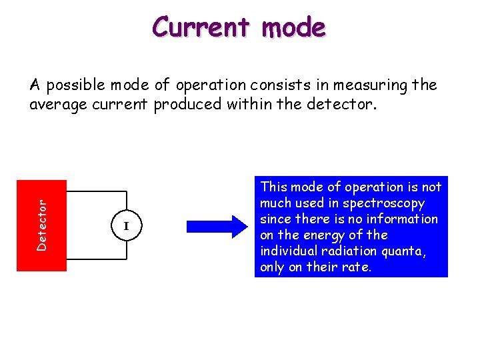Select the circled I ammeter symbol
coord(125,226)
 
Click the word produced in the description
coord(182,105)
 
